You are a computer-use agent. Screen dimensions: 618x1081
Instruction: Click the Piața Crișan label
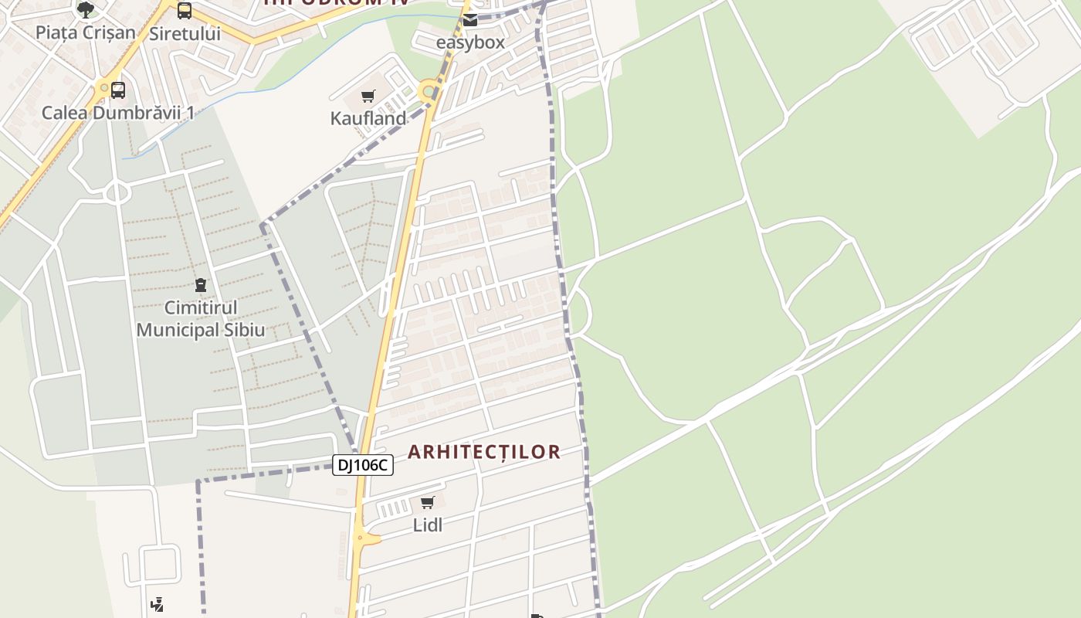[x=85, y=32]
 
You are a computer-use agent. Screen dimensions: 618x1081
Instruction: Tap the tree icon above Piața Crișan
[x=85, y=10]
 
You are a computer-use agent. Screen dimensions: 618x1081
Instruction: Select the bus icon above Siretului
[x=185, y=11]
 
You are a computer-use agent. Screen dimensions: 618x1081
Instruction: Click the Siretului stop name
[x=185, y=33]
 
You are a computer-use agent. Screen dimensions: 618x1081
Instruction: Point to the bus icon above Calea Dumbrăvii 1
[x=117, y=90]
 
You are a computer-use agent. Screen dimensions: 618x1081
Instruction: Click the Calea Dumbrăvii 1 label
[x=117, y=113]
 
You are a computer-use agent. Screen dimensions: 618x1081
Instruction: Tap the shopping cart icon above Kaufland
[x=368, y=97]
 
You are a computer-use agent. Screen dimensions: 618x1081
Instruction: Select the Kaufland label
[x=368, y=119]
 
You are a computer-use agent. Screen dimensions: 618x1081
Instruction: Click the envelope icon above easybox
[x=470, y=20]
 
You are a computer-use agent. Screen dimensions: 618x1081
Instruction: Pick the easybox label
[x=470, y=42]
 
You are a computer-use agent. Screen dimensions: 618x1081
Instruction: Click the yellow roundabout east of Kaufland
[x=428, y=92]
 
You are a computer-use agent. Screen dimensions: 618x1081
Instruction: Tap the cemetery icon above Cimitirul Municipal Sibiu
[x=201, y=286]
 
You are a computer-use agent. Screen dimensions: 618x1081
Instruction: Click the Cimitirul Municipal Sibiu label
[x=201, y=319]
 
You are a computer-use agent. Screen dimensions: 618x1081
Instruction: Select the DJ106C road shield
[x=363, y=465]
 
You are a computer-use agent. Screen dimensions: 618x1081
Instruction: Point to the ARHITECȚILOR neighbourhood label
[x=484, y=453]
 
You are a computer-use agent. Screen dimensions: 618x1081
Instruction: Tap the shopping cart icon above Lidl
[x=428, y=503]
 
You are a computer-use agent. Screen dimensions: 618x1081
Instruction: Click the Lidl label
[x=428, y=525]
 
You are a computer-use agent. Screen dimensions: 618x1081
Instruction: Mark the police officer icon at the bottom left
[x=158, y=604]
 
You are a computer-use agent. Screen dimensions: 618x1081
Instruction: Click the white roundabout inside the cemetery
[x=117, y=192]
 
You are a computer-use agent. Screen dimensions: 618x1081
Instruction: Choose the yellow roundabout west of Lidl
[x=360, y=537]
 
